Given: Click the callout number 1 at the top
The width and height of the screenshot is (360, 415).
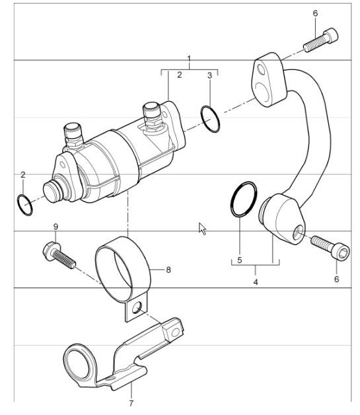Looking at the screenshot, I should (x=189, y=58).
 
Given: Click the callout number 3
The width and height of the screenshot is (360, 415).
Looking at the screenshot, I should (x=210, y=75).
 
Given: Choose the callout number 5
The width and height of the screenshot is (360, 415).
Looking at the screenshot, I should (x=240, y=260).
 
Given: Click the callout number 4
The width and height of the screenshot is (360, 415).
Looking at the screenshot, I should (x=256, y=282).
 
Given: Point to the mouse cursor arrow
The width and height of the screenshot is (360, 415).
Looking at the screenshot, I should (x=203, y=228).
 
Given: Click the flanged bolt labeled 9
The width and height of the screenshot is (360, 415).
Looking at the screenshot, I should (x=59, y=254).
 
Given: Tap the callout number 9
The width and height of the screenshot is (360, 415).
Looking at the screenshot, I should (x=55, y=227).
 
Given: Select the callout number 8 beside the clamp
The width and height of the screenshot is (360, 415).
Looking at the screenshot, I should (x=168, y=270).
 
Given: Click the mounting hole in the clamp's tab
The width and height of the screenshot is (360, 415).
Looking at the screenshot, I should (x=137, y=307).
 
